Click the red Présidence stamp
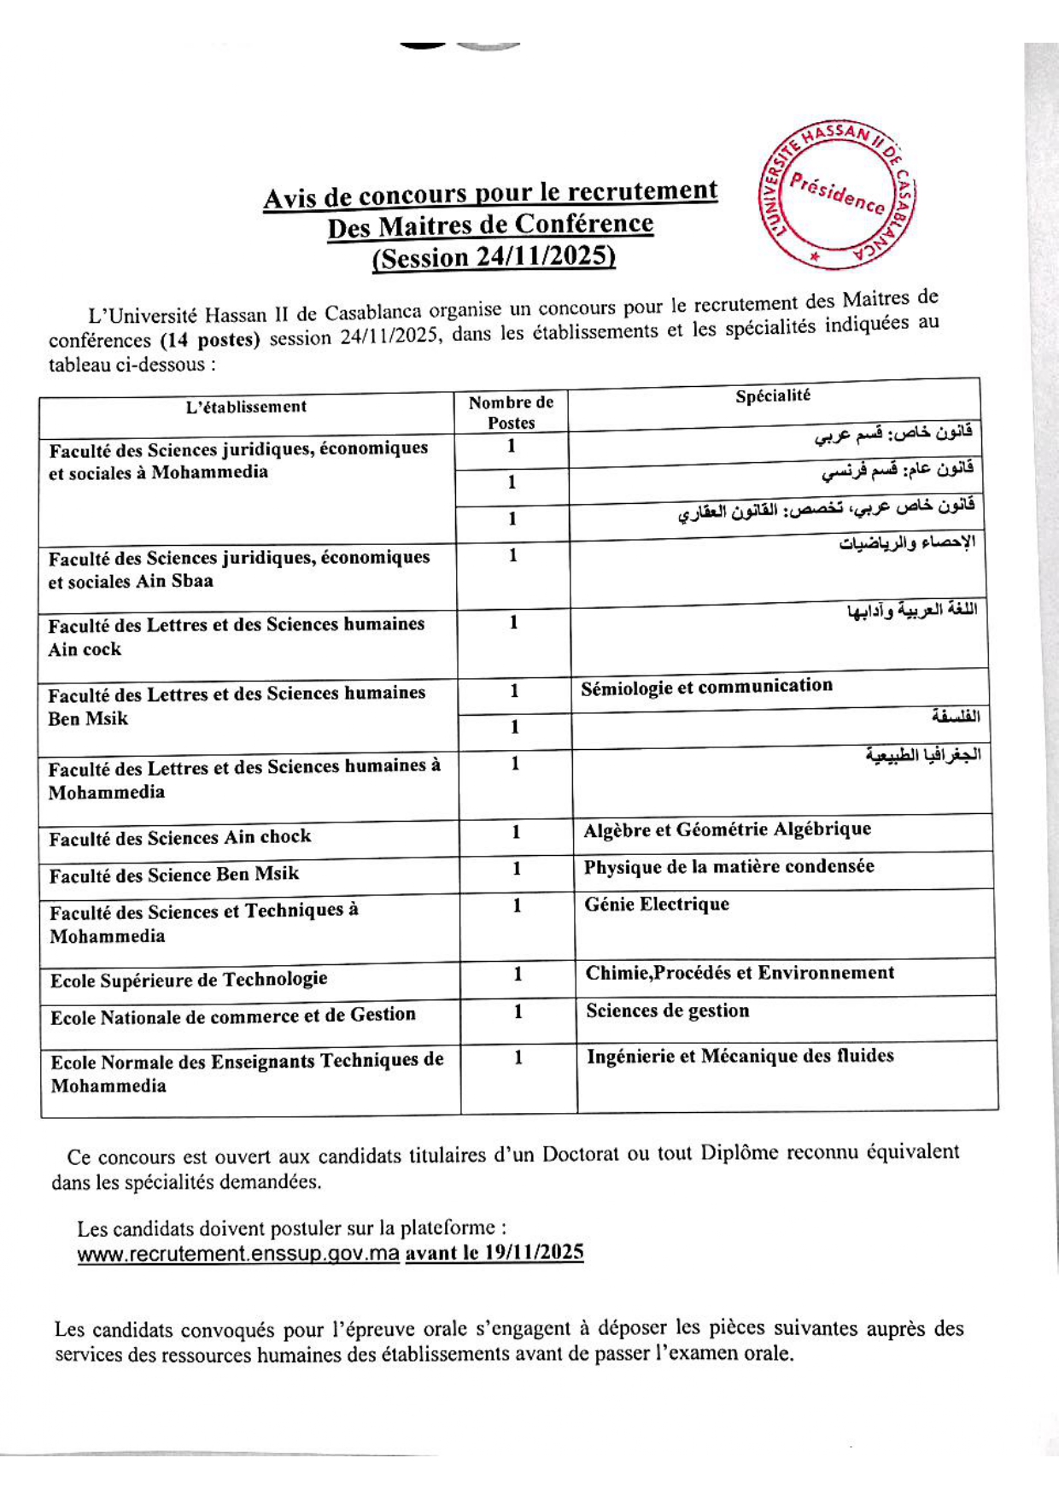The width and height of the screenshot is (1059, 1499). click(x=837, y=197)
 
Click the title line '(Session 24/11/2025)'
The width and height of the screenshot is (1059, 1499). click(x=494, y=257)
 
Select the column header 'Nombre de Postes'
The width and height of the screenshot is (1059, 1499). click(x=511, y=413)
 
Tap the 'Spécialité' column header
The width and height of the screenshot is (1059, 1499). click(x=773, y=395)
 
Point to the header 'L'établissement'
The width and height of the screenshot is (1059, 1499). click(x=246, y=407)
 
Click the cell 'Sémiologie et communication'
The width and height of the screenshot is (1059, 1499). click(x=706, y=687)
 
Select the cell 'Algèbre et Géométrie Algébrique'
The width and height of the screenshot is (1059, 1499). click(x=727, y=829)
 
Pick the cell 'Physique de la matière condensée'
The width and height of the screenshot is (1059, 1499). click(x=728, y=867)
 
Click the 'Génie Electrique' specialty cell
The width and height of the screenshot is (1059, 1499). click(x=657, y=905)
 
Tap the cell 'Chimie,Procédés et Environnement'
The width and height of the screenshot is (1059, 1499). click(x=740, y=973)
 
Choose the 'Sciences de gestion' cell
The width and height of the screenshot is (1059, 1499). click(x=667, y=1011)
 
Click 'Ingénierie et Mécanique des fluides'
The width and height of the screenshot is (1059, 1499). click(x=740, y=1057)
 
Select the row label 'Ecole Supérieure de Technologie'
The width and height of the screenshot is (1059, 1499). click(x=189, y=980)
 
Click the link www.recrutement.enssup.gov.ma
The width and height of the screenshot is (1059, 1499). click(x=238, y=1255)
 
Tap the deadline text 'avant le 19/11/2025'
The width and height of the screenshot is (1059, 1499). click(x=494, y=1253)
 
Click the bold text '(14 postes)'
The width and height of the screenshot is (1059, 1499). click(x=210, y=340)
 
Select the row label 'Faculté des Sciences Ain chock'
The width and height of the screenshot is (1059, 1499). click(x=179, y=838)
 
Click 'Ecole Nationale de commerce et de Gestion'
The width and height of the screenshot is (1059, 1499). click(x=232, y=1016)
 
